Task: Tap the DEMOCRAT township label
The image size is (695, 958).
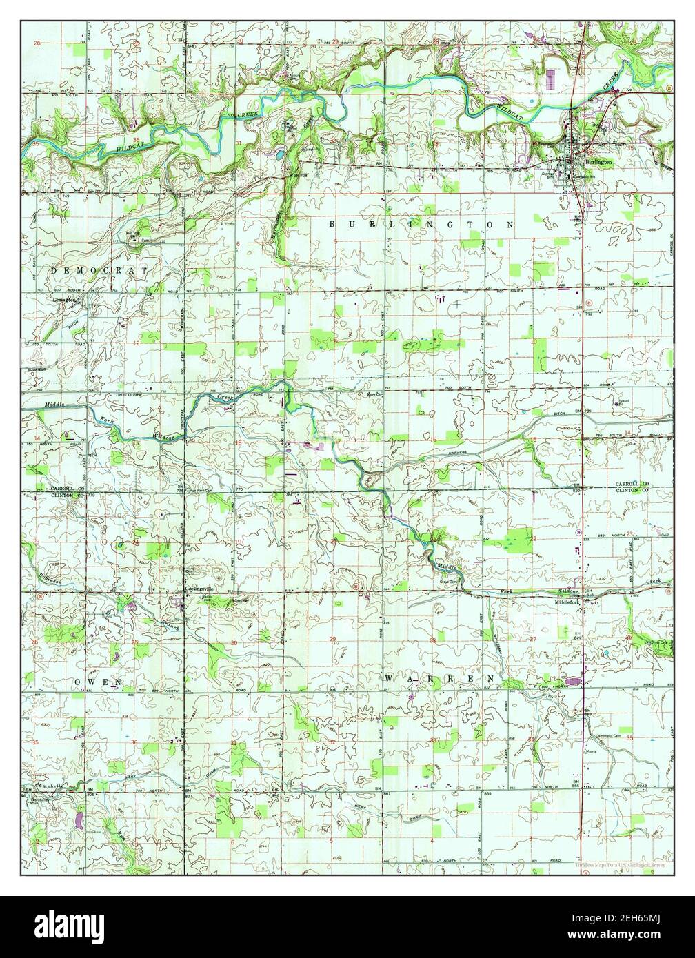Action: click(x=99, y=272)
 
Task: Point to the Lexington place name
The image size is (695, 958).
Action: click(x=63, y=300)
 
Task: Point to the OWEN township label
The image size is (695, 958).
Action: click(x=99, y=682)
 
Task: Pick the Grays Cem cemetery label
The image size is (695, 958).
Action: click(x=450, y=581)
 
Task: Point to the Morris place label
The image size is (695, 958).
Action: click(x=590, y=751)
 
